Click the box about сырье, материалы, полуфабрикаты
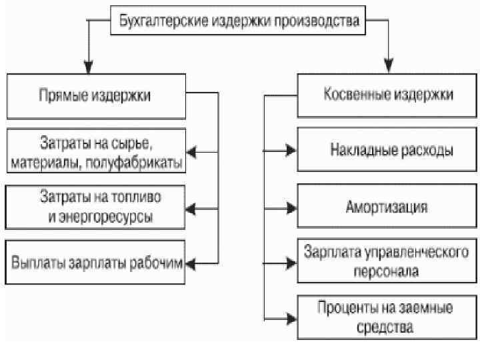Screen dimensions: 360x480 96,153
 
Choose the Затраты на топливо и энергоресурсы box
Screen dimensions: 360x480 96,207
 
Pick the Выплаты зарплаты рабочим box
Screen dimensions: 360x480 96,262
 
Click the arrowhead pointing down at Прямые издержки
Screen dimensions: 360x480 89,69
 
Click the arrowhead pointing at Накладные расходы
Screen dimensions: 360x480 291,151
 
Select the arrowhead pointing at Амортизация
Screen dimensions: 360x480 291,206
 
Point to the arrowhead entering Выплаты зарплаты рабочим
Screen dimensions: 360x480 190,265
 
